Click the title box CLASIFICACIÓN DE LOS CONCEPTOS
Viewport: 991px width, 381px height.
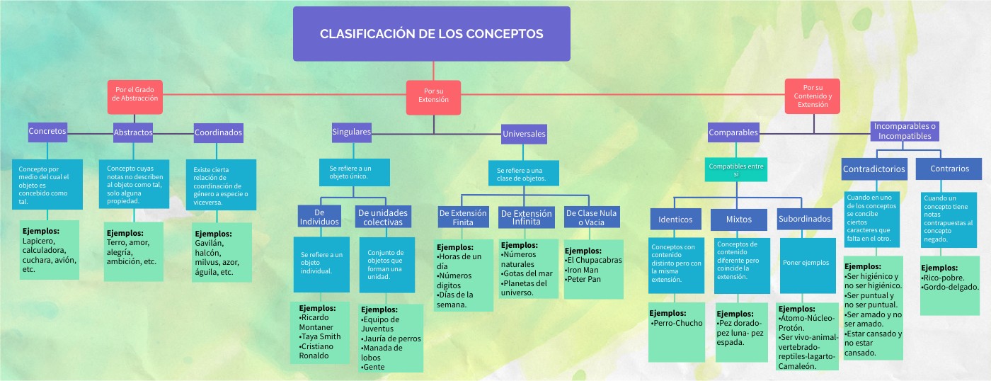pos(431,34)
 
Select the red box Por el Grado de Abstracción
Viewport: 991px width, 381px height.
pos(134,96)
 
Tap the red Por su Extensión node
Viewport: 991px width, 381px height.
pos(433,96)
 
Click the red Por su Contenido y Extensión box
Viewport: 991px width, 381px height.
pos(812,96)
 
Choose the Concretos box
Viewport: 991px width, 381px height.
pos(47,131)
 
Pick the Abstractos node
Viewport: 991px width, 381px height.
pos(133,132)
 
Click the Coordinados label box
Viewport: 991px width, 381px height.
pos(219,132)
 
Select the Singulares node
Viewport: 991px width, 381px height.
pos(351,131)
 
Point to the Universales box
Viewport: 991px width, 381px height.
pos(524,133)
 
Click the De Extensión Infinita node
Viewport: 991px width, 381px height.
pos(526,217)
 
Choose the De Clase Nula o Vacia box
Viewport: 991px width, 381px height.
pos(591,217)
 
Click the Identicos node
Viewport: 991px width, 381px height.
pos(675,220)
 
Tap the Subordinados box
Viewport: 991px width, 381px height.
pos(804,220)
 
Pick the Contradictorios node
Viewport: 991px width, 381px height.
pos(873,169)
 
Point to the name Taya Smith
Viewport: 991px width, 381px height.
pos(320,337)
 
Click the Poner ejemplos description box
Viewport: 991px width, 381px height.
pos(806,263)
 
